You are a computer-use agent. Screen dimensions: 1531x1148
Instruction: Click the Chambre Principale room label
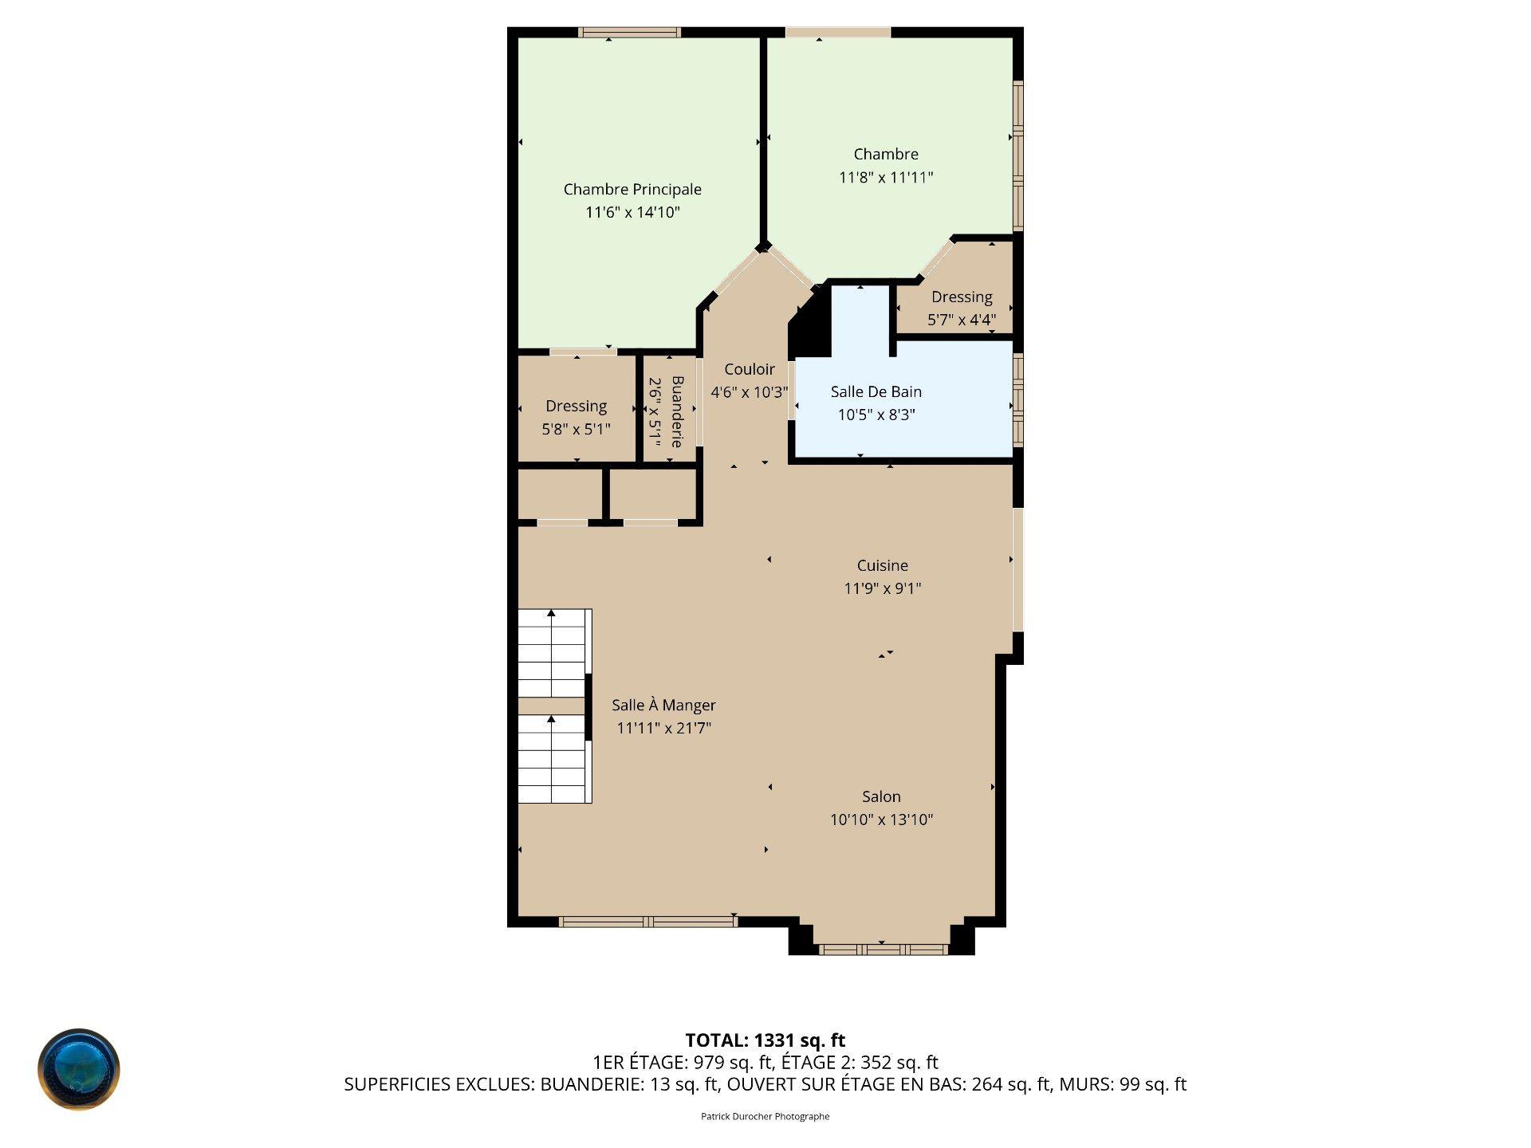[632, 190]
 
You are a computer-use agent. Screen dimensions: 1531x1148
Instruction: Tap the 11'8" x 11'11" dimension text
[886, 177]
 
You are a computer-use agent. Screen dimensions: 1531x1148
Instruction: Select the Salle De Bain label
[876, 391]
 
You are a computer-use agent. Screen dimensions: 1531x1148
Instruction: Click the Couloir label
[749, 369]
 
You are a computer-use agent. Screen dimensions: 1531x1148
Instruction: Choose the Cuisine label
[882, 565]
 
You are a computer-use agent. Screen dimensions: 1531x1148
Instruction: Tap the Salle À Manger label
[663, 705]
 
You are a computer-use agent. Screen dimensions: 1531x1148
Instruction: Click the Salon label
[881, 796]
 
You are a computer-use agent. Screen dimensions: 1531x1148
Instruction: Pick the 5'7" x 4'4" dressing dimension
[962, 320]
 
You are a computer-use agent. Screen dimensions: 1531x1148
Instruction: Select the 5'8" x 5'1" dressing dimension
[577, 429]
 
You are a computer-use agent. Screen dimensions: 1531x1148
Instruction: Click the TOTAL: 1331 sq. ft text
[765, 1040]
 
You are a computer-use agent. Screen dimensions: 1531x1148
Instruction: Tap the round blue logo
[79, 1069]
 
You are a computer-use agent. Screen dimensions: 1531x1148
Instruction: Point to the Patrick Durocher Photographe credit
[765, 1116]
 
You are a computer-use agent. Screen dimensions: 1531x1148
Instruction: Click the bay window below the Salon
[883, 949]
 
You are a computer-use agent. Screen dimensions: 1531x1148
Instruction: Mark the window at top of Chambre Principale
[629, 33]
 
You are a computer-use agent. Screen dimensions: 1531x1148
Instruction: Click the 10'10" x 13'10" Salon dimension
[881, 820]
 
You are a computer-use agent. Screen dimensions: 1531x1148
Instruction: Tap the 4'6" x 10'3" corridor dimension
[749, 392]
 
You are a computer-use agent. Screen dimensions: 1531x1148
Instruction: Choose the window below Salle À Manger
[647, 922]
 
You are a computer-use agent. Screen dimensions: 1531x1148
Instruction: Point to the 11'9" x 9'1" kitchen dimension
[882, 588]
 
